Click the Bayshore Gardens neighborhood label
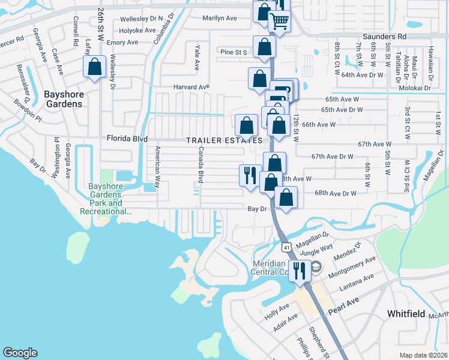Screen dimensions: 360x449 [63, 98]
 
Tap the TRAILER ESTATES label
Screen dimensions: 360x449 [224, 140]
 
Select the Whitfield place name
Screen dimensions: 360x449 [407, 313]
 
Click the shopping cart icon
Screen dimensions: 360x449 [280, 22]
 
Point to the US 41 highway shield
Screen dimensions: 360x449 [286, 247]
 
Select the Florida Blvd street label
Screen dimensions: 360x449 [127, 139]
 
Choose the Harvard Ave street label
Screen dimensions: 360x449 [191, 87]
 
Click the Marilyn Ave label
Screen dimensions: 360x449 [219, 18]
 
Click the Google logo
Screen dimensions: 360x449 [20, 353]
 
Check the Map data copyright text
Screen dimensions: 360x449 [423, 355]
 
